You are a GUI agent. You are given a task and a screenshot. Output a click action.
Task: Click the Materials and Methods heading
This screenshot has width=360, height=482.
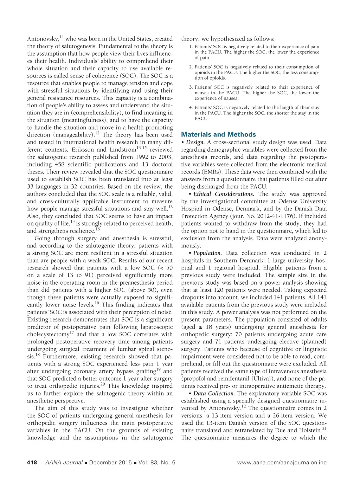pos(218,134)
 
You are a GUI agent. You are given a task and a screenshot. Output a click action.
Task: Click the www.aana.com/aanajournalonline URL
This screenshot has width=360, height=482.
pos(282,462)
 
